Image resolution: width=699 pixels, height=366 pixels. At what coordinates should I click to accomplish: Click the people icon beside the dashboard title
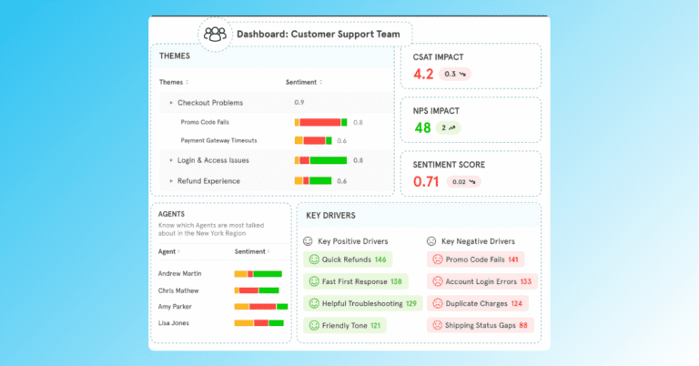coord(215,35)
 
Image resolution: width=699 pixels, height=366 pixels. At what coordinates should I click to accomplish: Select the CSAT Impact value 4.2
coord(423,74)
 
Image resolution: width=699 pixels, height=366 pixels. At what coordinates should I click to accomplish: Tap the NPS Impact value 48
coord(422,127)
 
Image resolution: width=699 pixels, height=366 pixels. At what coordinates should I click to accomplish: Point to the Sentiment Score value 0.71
coord(428,181)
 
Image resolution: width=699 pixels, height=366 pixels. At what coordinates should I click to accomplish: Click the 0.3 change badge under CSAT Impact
coord(455,74)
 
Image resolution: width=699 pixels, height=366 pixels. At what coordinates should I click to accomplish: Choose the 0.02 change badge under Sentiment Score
coord(465,181)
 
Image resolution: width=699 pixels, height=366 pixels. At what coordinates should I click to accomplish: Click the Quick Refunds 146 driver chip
coord(348,259)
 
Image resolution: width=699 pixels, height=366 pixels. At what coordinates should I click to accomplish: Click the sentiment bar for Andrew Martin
coord(258,273)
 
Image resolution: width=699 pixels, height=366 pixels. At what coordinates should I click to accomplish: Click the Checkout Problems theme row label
coord(209,103)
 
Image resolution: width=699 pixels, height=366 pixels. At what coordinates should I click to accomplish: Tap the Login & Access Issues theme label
coord(213,160)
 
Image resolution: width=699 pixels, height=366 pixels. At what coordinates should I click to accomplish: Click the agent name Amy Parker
coord(179,306)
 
